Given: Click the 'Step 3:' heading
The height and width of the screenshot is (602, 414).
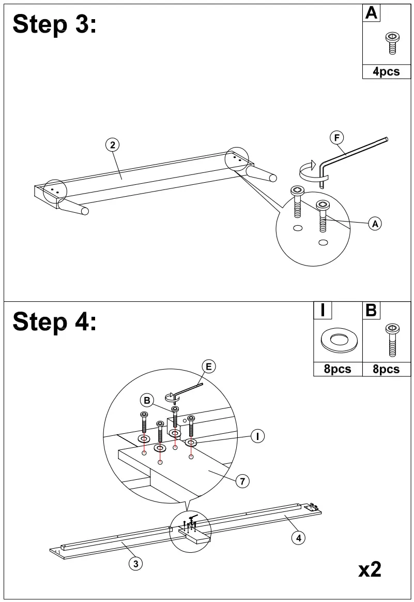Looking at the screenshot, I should tap(54, 24).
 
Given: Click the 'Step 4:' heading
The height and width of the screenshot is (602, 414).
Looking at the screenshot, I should tap(54, 321).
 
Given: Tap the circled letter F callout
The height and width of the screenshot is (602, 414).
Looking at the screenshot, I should tap(336, 138).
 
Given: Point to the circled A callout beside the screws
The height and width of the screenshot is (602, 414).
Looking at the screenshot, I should tap(375, 224).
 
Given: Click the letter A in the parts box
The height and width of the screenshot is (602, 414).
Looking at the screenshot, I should tap(371, 13).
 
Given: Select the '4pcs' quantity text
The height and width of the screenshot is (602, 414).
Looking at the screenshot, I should tap(386, 72).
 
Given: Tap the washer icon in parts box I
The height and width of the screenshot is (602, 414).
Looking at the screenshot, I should tap(338, 340).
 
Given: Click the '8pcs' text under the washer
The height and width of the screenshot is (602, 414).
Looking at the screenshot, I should tap(338, 369).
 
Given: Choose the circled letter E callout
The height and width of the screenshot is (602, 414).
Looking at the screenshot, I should tap(208, 366).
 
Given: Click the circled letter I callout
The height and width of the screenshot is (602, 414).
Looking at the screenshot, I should tap(257, 436).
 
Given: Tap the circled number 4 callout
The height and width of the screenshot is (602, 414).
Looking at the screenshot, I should tap(298, 538).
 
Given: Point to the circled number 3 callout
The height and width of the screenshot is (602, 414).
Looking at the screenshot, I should tap(135, 564).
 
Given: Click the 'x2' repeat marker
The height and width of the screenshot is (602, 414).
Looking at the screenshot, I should tap(370, 569).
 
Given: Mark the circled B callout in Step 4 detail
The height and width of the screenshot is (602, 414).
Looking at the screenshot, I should tap(147, 400).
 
